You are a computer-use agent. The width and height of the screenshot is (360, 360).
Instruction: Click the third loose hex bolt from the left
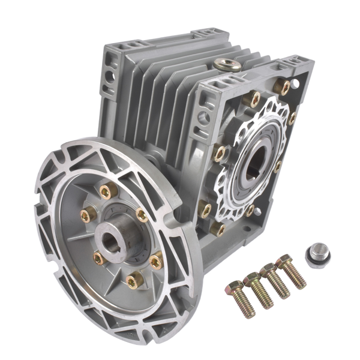point(275,280)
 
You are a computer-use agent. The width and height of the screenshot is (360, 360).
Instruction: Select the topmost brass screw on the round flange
point(107,191)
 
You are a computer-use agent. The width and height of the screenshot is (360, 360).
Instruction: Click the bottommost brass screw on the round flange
point(134,280)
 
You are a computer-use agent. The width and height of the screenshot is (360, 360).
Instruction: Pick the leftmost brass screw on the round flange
point(88,214)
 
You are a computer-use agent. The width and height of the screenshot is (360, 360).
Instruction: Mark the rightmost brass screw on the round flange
point(157,261)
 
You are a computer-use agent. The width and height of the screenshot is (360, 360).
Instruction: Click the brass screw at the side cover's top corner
point(282,86)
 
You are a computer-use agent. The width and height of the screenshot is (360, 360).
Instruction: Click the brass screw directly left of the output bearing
point(220,154)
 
